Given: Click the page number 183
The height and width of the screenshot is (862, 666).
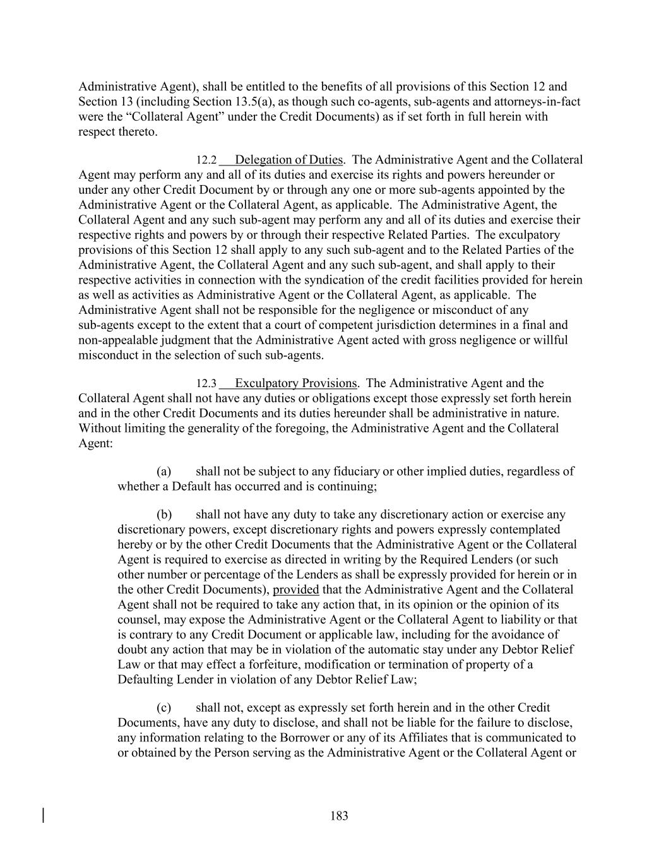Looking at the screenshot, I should (x=339, y=816).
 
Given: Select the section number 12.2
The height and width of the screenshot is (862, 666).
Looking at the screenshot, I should (x=206, y=160).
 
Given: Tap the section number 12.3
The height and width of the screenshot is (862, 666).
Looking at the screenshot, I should (x=206, y=383).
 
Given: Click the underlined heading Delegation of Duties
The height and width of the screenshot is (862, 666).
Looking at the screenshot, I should (x=288, y=160).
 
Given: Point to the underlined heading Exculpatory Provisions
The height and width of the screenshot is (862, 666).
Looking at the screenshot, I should (x=295, y=383).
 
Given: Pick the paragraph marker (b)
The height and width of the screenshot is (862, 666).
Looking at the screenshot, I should (x=164, y=515).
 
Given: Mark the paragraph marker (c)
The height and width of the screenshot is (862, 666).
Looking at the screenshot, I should (x=164, y=708).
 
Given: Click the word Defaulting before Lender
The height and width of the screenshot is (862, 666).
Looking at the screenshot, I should (x=146, y=679).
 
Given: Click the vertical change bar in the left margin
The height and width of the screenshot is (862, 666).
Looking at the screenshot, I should (x=43, y=815).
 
